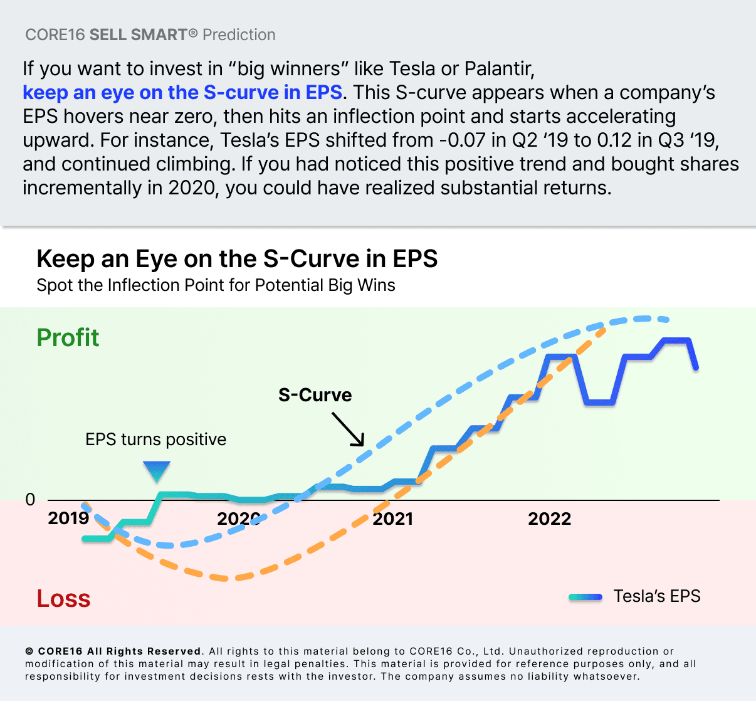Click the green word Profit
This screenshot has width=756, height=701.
coord(68,338)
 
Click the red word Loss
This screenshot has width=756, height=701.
coord(63,599)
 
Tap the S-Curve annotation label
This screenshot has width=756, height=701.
coord(315,395)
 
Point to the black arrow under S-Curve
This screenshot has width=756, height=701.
coord(348,429)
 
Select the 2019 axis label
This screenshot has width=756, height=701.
coord(68,519)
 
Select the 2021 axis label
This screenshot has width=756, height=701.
coord(393,519)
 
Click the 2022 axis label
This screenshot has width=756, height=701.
coord(549,519)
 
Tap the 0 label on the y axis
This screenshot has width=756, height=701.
coord(30,500)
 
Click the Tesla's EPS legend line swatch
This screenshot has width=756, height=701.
coord(585,597)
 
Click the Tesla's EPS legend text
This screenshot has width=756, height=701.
coord(656,596)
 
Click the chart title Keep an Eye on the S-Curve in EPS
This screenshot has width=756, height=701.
coord(237,259)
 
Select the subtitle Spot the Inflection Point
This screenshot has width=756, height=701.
coord(216,285)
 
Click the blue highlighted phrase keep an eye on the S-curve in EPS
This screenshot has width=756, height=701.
coord(182,93)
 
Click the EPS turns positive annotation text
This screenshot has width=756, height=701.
coord(155,440)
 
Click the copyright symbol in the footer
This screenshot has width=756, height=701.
coord(29,651)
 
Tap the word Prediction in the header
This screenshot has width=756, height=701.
coord(239,35)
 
